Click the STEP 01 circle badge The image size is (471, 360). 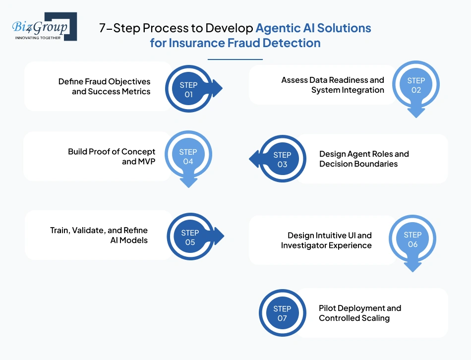point(188,90)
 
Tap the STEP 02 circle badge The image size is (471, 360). point(415,85)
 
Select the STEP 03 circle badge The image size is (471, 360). point(282,159)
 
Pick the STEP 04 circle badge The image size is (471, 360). point(188,156)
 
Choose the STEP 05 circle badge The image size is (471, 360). point(190,238)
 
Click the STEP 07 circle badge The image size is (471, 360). point(282,313)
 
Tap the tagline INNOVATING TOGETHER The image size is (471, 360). point(38,38)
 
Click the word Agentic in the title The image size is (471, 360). point(276,28)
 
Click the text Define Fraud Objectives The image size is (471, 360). point(104,81)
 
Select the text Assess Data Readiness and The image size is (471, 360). point(333,80)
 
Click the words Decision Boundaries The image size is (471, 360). point(358,164)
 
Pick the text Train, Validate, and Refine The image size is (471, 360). point(99,230)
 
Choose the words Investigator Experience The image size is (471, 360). point(326,245)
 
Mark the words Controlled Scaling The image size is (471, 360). point(354,318)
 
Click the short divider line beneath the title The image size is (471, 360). point(235,59)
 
